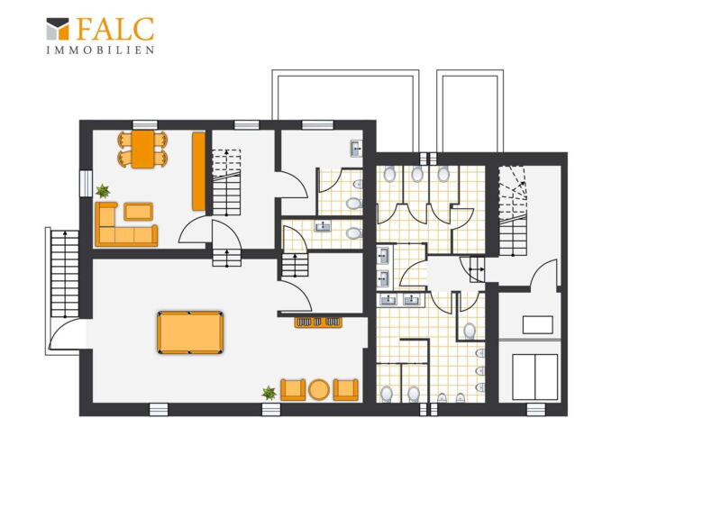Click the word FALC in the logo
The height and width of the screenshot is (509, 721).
pos(115,29)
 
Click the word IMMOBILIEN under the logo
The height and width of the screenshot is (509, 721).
pos(100,50)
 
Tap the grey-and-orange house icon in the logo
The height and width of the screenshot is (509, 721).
pos(58,29)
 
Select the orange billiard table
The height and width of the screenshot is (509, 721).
pos(190,332)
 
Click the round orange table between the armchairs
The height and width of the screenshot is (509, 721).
pos(319,389)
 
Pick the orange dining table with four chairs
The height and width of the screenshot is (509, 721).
pos(142,149)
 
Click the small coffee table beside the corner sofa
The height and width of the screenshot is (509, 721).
pos(138,212)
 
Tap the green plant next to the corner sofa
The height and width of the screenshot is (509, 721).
pos(103,190)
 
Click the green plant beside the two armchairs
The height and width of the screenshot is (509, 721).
pos(269,393)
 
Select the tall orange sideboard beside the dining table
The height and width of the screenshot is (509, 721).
pos(198,171)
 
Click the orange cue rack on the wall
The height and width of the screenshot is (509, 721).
pos(318,322)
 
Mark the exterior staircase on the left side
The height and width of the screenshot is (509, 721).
pos(64,274)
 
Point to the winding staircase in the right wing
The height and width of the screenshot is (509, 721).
pos(513,210)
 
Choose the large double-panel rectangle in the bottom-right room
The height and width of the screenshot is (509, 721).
pos(534,377)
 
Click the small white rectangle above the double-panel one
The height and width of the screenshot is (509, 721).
pos(537,324)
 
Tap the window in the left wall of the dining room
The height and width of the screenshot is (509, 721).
pos(86,184)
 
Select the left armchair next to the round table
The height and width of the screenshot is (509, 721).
pos(293,389)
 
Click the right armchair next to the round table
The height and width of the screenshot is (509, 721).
pos(346,389)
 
